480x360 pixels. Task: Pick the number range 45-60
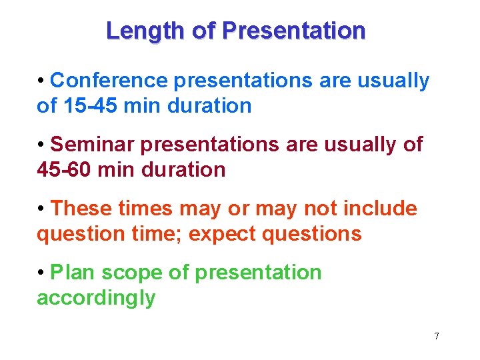(65, 169)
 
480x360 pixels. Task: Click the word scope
(129, 273)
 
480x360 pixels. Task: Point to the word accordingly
(96, 297)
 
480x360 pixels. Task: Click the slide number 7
(437, 336)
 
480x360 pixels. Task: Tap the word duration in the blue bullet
(209, 105)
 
